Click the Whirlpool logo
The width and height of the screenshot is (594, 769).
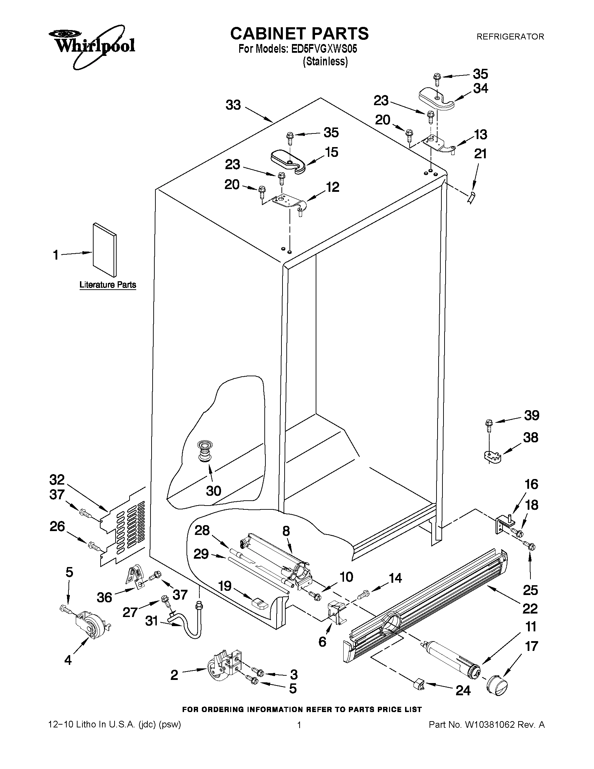91,46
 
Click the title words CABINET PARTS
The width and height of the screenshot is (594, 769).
299,34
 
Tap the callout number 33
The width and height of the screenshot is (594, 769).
233,105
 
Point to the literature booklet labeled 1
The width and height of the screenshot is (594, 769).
104,249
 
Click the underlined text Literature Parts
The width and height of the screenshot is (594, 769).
108,284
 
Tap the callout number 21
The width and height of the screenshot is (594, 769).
481,154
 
